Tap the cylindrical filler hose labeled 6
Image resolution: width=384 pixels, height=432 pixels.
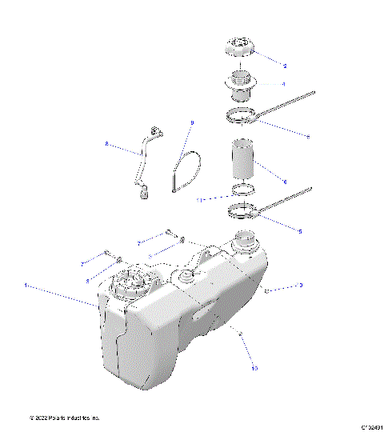pyautogui.click(x=241, y=159)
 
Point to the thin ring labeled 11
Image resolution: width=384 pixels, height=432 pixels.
pyautogui.click(x=241, y=191)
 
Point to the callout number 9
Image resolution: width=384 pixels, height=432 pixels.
pyautogui.click(x=192, y=122)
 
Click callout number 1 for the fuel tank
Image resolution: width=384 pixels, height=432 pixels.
pyautogui.click(x=26, y=284)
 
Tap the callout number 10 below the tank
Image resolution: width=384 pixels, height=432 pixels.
pyautogui.click(x=255, y=369)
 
